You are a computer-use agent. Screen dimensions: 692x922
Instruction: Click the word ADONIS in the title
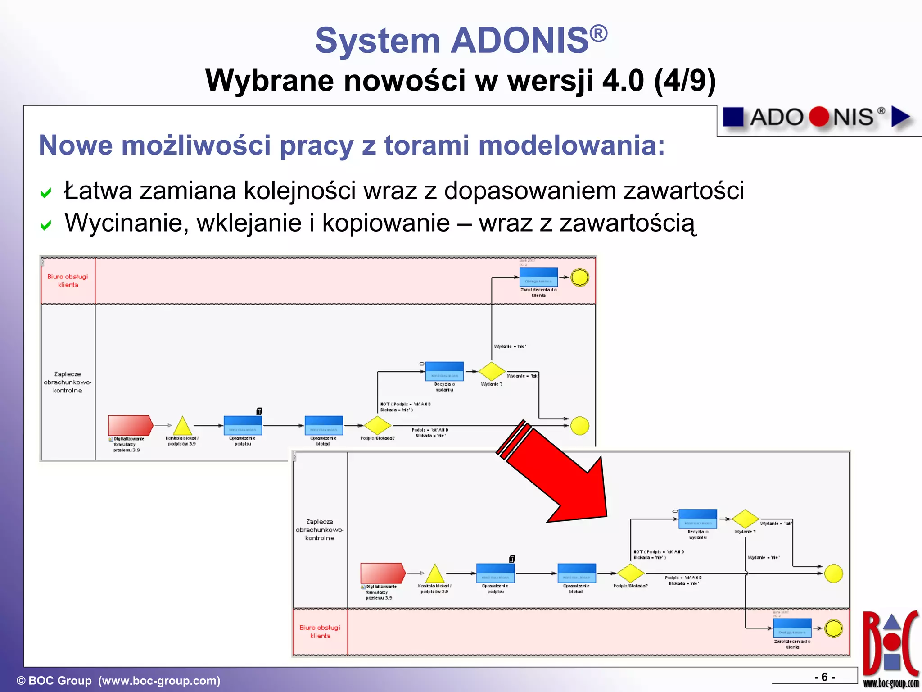520,41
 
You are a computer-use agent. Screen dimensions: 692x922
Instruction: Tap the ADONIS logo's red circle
819,117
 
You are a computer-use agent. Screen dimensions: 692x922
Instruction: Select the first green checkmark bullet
45,193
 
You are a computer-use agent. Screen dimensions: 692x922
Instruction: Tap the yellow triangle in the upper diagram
182,426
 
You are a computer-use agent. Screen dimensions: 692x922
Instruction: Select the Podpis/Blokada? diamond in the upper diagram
377,425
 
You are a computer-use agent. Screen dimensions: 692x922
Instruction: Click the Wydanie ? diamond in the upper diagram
492,371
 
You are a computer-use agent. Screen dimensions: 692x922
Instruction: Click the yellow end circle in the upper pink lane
579,278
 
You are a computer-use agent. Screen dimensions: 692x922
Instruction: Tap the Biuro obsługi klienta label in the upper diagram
68,280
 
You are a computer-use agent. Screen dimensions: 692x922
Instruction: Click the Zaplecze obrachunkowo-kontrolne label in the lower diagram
320,529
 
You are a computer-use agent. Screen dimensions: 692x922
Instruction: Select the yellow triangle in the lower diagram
435,574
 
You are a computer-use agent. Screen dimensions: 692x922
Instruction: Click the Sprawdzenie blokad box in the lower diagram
576,573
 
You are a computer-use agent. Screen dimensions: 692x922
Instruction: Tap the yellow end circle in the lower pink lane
833,628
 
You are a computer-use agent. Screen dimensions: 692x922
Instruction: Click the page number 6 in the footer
824,677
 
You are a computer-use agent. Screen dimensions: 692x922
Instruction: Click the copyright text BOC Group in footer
60,681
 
